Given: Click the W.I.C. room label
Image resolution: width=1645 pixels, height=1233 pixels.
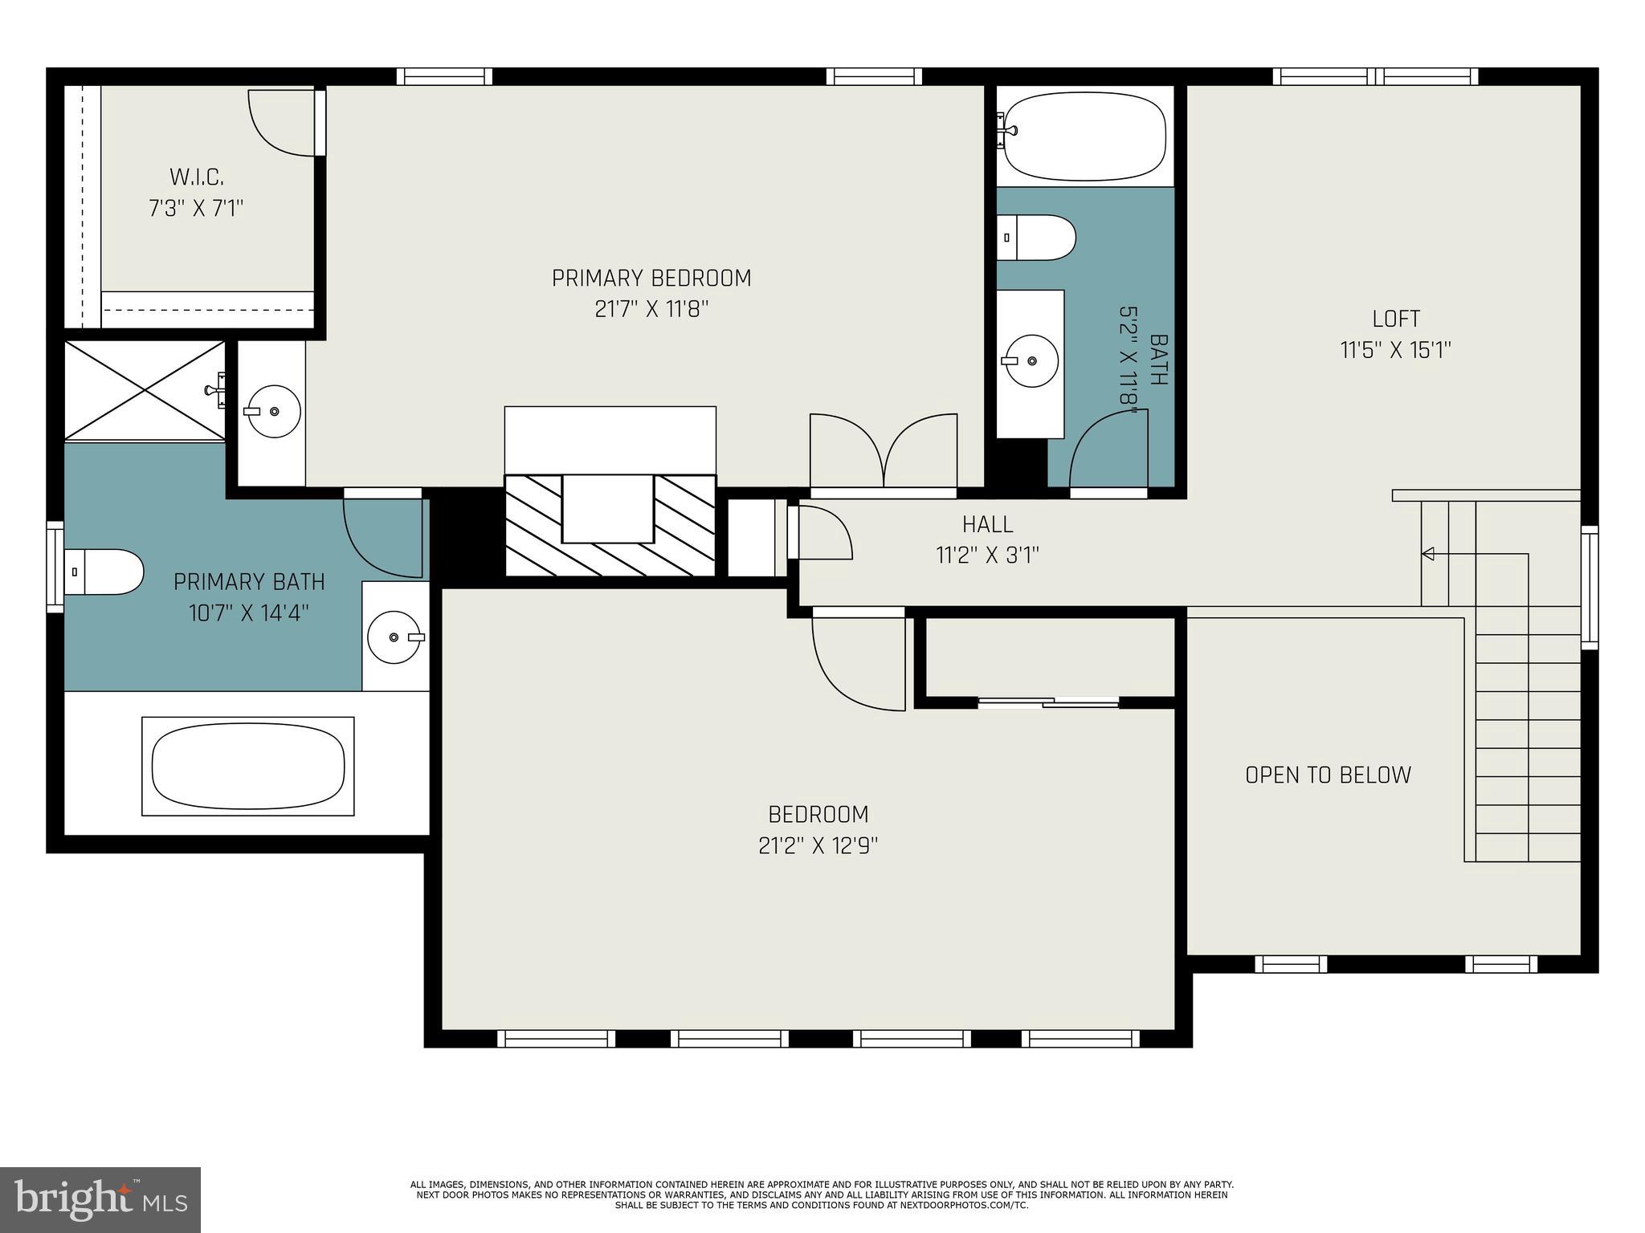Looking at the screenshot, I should click(196, 177).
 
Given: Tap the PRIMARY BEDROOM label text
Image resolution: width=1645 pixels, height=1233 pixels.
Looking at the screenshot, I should click(651, 279).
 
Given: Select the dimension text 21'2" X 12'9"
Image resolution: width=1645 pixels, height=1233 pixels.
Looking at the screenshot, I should click(818, 846).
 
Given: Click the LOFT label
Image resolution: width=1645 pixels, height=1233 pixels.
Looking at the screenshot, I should click(1396, 319).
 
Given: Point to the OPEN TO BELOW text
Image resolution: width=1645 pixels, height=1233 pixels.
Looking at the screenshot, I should click(1328, 775).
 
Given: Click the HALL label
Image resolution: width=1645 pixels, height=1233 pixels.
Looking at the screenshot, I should click(987, 524).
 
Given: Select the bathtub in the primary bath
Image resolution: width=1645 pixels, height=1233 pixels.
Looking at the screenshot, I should click(247, 766).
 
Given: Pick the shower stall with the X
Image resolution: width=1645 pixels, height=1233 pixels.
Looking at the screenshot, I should click(145, 390).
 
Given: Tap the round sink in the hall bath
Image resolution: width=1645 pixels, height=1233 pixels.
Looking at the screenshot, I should click(1032, 361).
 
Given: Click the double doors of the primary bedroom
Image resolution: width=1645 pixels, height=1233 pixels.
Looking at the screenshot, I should click(884, 451).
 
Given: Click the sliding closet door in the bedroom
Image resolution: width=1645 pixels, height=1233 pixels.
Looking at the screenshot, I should click(1048, 702).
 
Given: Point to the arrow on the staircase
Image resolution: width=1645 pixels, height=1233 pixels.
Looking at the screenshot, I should click(1428, 553).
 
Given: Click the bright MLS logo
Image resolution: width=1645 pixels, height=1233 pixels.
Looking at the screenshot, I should click(100, 1199).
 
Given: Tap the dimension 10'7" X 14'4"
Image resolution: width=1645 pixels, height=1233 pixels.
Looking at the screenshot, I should click(249, 613).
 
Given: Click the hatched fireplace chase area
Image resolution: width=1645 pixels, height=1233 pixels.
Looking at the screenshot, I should click(610, 526).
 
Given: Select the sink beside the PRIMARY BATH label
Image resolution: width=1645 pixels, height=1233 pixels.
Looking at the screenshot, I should click(394, 637).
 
